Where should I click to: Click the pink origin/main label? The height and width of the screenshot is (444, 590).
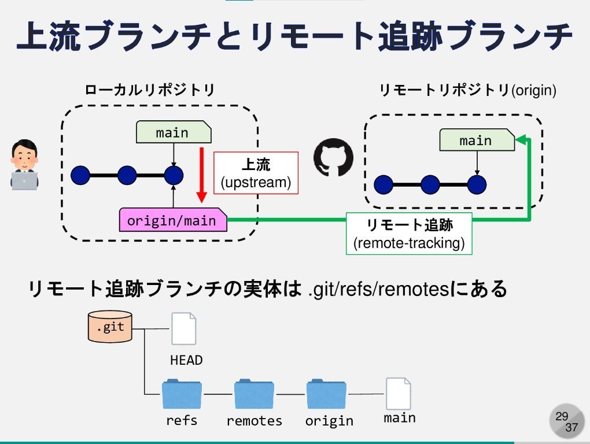[172, 220]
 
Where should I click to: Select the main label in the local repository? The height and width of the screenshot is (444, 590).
[172, 132]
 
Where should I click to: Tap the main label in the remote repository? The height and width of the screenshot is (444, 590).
[475, 140]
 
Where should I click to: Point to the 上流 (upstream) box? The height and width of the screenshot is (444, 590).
[255, 173]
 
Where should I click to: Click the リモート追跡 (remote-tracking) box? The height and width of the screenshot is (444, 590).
[409, 234]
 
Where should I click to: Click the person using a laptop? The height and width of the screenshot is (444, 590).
[25, 165]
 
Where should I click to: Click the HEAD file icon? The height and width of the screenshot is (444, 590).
[184, 329]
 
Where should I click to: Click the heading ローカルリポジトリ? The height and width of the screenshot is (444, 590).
[150, 91]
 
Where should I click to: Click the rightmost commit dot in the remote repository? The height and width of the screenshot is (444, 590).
[477, 185]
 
